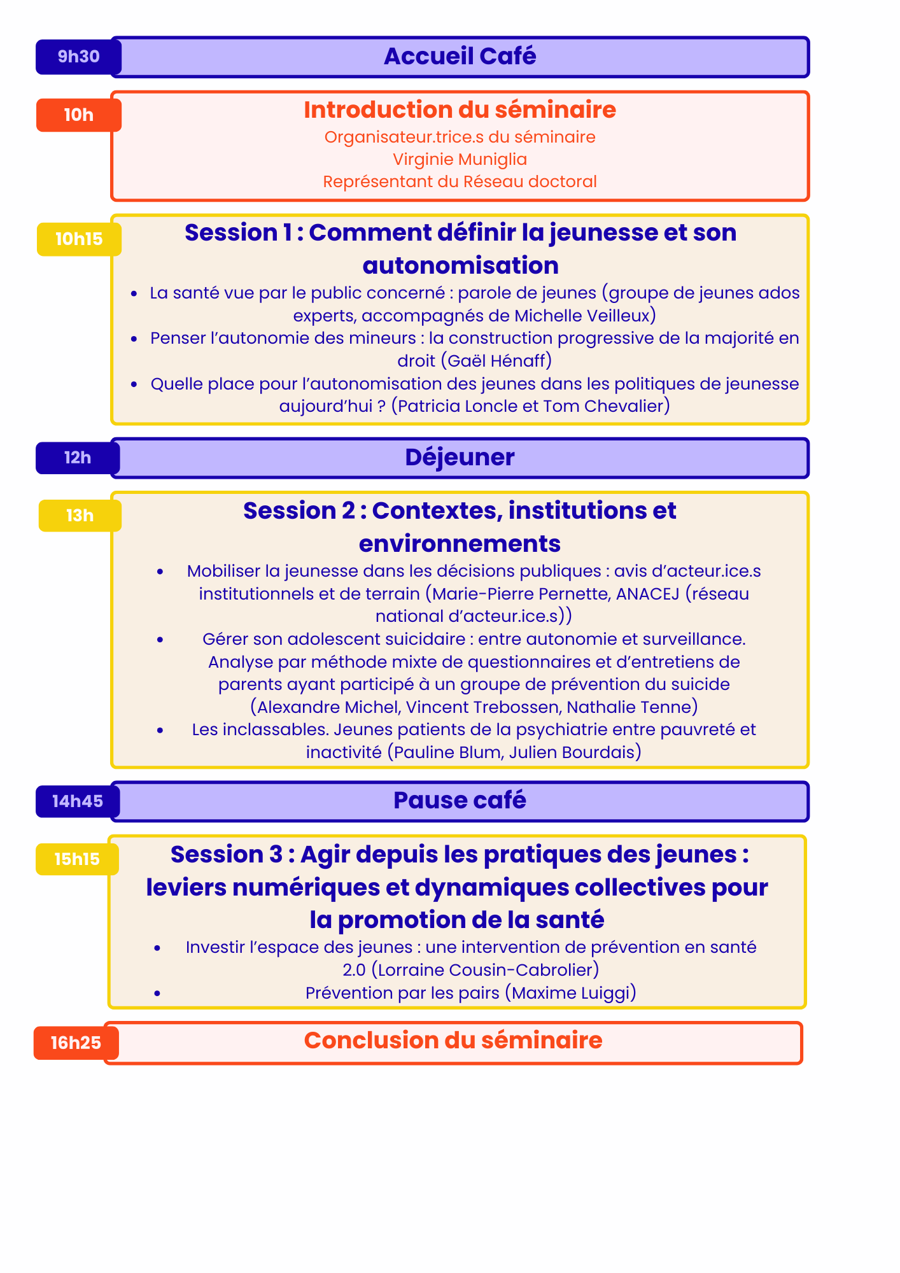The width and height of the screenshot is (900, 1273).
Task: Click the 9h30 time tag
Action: pyautogui.click(x=78, y=57)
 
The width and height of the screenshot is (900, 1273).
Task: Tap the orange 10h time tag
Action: pyautogui.click(x=78, y=115)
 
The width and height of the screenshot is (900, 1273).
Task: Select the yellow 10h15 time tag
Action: pyautogui.click(x=79, y=239)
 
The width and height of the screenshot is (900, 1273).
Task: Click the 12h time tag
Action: pyautogui.click(x=78, y=458)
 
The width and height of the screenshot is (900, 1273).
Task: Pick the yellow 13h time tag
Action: pyautogui.click(x=80, y=516)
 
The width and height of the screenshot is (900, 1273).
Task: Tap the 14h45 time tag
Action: pyautogui.click(x=78, y=801)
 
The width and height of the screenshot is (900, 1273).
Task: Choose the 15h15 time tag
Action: pyautogui.click(x=77, y=859)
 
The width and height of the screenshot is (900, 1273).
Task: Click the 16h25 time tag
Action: pyautogui.click(x=76, y=1043)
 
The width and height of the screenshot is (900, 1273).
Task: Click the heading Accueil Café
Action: pyautogui.click(x=460, y=57)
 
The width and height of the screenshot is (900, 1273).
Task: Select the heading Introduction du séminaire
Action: pyautogui.click(x=460, y=110)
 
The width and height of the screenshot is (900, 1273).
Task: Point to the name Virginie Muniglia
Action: pyautogui.click(x=460, y=159)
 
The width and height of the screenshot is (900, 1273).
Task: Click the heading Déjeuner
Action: pyautogui.click(x=460, y=458)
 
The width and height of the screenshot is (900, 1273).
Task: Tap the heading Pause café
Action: pyautogui.click(x=460, y=801)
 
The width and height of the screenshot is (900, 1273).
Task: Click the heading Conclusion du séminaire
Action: pyautogui.click(x=453, y=1041)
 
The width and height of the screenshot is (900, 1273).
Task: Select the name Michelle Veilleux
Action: pyautogui.click(x=582, y=316)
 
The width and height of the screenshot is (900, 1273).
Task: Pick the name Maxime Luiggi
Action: pyautogui.click(x=570, y=993)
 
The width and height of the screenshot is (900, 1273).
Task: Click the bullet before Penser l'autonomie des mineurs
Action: pyautogui.click(x=134, y=339)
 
